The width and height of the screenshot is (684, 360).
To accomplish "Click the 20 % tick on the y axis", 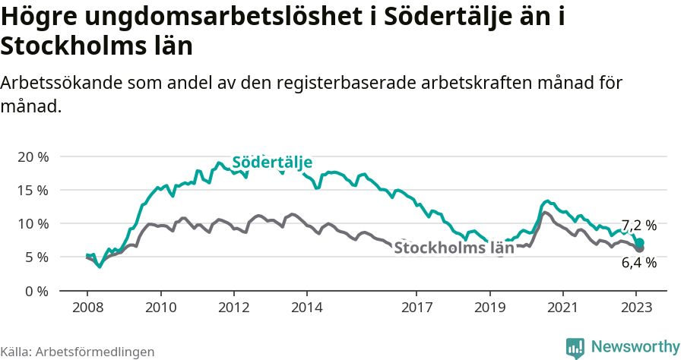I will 33,156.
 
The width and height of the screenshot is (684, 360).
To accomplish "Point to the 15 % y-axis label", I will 33,190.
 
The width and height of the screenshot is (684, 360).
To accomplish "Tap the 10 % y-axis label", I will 33,223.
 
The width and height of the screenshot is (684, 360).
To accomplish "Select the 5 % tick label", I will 36,257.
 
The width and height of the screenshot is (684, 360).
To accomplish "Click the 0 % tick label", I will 36,290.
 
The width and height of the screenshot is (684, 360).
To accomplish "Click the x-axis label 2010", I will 160,308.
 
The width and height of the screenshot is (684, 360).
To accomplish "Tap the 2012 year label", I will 233,308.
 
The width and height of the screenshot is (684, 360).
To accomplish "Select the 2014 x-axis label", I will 306,308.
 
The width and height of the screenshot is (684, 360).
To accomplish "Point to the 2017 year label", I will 416,308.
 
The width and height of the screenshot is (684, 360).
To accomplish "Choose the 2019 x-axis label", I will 489,308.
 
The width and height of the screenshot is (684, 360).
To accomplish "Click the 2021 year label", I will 562,308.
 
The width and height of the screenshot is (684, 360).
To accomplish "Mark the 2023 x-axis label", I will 636,308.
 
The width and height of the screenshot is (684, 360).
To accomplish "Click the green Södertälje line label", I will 272,163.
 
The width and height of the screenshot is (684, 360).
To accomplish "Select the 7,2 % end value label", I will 638,226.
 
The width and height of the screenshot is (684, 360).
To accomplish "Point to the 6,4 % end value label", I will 638,263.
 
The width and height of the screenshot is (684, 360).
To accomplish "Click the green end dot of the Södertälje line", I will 639,242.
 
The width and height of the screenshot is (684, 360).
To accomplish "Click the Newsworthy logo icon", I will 575,347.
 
